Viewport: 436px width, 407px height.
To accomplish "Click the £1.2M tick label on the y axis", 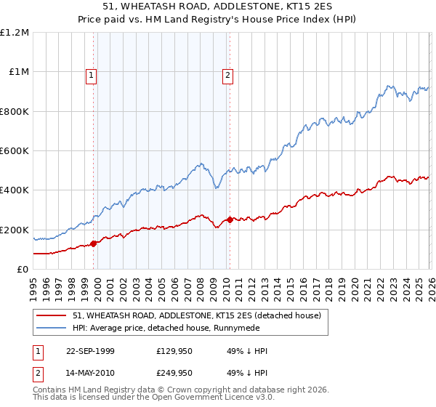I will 15,33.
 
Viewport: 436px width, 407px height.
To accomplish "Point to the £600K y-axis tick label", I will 15,151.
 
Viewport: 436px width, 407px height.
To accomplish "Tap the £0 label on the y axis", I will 22,270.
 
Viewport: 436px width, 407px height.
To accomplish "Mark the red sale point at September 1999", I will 94,243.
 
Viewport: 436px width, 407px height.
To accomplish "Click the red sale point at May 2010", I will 230,219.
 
